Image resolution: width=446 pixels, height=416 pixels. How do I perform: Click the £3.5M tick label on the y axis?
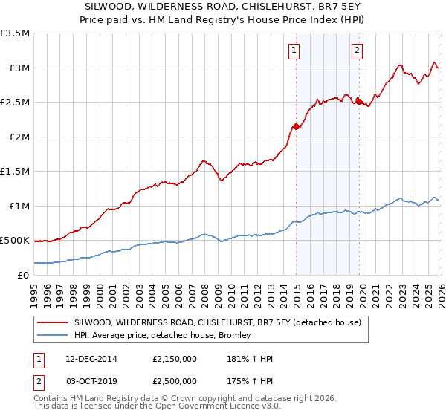tap(15, 33)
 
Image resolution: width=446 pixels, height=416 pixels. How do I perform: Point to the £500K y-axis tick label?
tap(15, 241)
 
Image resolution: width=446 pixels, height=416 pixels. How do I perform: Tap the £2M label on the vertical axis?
tap(18, 137)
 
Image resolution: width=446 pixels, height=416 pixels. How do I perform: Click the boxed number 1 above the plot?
tap(295, 51)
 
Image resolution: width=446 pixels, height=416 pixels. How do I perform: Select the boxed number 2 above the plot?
tap(358, 51)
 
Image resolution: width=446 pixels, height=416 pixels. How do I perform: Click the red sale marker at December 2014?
tap(296, 126)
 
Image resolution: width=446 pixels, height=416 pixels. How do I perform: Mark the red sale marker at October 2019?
tap(359, 102)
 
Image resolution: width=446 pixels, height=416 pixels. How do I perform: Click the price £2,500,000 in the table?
tap(175, 380)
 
